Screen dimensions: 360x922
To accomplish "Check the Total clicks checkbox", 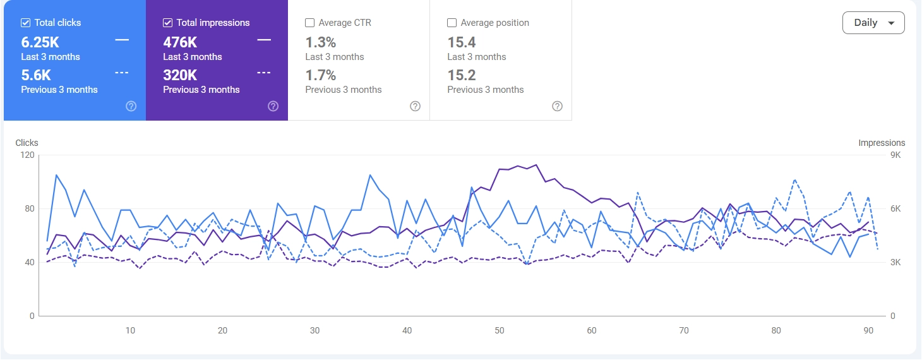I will (x=25, y=23).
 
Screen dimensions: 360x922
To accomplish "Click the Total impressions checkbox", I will (x=167, y=23).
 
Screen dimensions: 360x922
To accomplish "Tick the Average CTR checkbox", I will (x=309, y=23).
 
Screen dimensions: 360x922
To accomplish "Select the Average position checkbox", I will (x=452, y=23).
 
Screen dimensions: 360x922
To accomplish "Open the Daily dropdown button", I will (x=873, y=23).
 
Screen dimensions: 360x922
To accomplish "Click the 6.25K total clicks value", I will (x=40, y=42).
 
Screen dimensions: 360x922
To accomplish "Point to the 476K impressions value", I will (x=180, y=42).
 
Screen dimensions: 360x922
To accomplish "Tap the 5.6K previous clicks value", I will (x=36, y=75).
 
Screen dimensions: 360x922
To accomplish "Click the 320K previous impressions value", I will (x=180, y=75).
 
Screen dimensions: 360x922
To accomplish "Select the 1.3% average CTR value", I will (x=321, y=42).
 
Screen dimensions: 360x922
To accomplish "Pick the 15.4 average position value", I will (x=462, y=42).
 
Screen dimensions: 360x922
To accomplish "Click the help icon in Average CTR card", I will (x=415, y=106).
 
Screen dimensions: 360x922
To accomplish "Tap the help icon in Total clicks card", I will (x=131, y=106).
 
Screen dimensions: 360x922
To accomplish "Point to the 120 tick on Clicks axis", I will (x=27, y=155).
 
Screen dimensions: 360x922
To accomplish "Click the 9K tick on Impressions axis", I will (x=895, y=155).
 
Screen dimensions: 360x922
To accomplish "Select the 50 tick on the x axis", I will (x=500, y=330).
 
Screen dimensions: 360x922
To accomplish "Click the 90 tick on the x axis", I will (x=868, y=330).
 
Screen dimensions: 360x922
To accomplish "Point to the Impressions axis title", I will (x=882, y=143).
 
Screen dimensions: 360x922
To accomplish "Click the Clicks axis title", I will (x=27, y=143).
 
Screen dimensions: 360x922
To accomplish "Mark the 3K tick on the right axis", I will (x=895, y=263).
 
